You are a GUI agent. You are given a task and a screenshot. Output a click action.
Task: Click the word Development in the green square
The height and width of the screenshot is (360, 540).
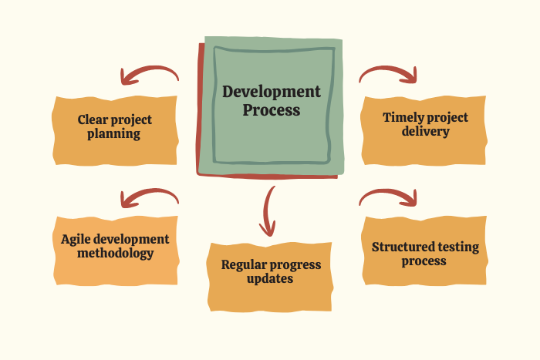pos(272,92)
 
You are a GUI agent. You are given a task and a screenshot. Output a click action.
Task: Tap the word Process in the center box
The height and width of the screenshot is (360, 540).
pos(272,110)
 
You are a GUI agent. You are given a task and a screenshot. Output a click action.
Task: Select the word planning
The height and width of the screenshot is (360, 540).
pos(113,134)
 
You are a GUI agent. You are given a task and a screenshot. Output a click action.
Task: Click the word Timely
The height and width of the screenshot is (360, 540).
pos(399,118)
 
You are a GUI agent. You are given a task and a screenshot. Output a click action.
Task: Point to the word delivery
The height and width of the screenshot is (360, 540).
pos(426,131)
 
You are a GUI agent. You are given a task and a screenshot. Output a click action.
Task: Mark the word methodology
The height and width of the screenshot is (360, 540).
pos(116,254)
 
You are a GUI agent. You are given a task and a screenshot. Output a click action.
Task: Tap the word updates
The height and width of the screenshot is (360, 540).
pos(270,278)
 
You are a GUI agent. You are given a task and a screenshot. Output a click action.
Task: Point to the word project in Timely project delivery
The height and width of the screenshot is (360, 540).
pos(444,118)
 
